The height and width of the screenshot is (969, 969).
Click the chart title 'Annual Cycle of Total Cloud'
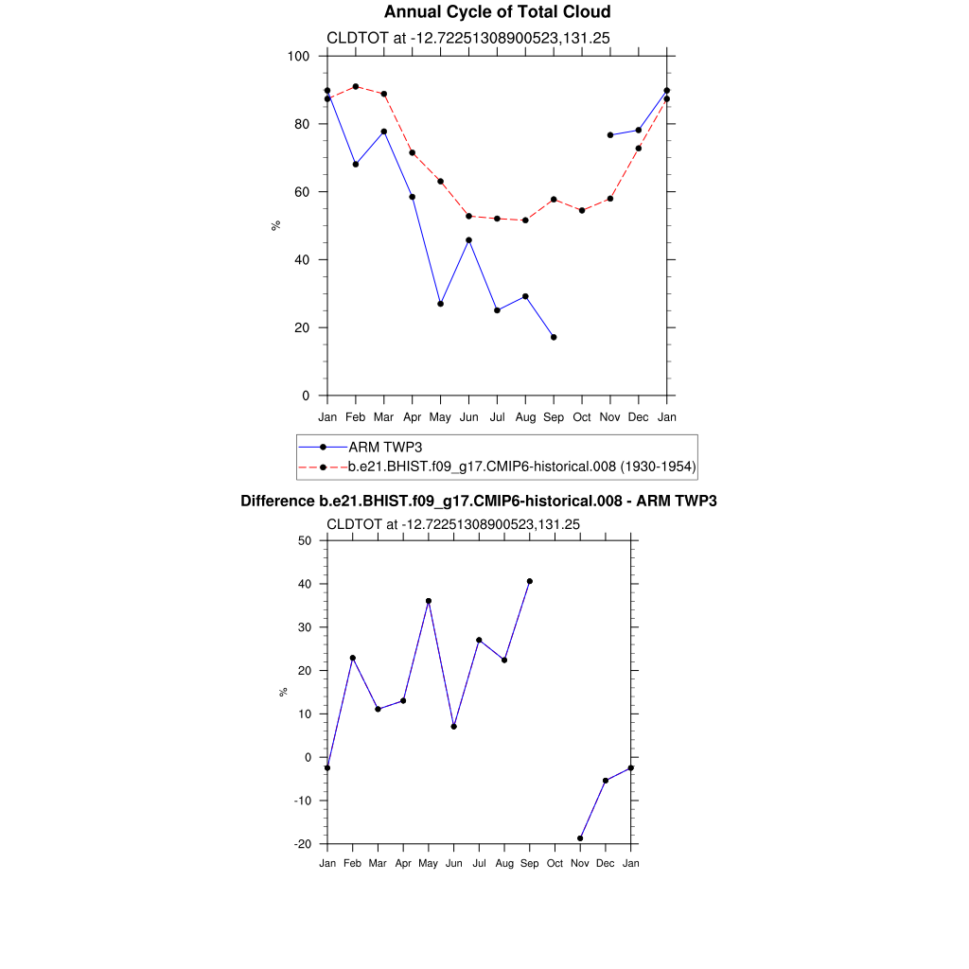(x=484, y=12)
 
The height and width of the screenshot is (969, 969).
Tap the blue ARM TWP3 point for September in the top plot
(x=554, y=337)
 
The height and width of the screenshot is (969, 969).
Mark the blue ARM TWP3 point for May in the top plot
(x=440, y=304)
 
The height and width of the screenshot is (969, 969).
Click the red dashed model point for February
(x=356, y=86)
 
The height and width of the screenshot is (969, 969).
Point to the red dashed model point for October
(x=582, y=210)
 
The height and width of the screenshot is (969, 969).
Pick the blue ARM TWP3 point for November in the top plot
(x=610, y=135)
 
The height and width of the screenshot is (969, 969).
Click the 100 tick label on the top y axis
(x=299, y=56)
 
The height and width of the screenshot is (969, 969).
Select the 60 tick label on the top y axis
(x=303, y=192)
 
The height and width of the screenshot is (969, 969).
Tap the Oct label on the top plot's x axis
(x=582, y=416)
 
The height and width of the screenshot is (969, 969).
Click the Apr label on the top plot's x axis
(x=413, y=416)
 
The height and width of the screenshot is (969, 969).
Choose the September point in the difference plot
(x=530, y=581)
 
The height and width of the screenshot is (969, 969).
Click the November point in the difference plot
(x=580, y=838)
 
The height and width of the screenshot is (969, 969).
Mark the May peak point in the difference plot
(x=429, y=601)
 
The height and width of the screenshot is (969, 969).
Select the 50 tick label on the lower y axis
(x=305, y=540)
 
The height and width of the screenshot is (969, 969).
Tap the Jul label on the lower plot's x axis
(x=479, y=863)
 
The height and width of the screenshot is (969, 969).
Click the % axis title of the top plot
(x=276, y=225)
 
